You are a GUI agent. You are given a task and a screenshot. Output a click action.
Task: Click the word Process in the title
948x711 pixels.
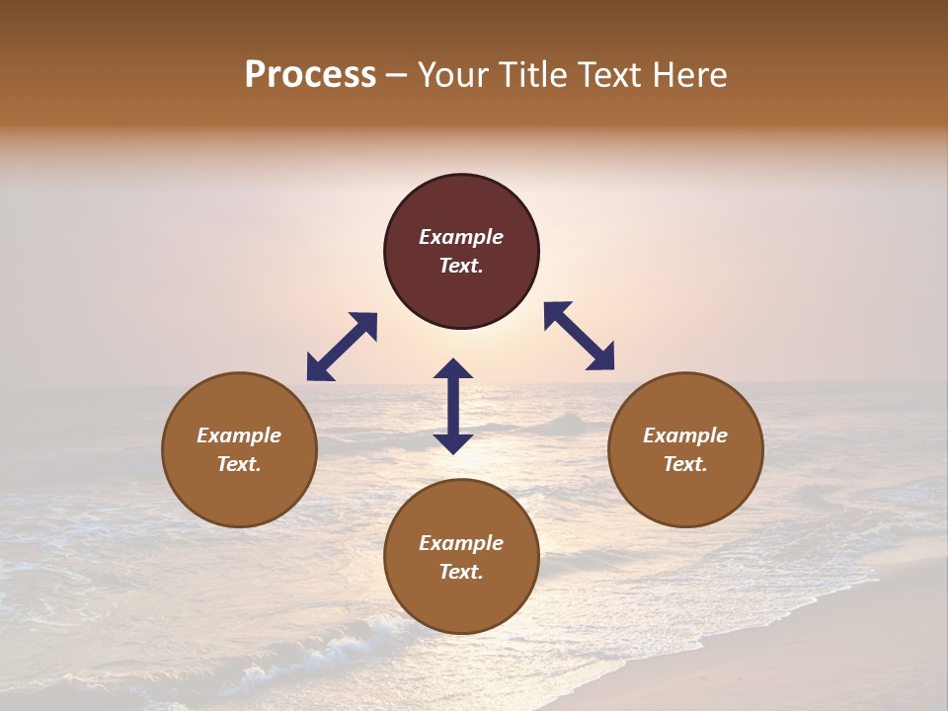[x=310, y=75]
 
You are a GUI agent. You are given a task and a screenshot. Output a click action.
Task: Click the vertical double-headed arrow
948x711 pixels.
[x=453, y=406]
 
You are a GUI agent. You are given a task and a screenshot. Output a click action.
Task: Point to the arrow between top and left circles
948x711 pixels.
[x=342, y=347]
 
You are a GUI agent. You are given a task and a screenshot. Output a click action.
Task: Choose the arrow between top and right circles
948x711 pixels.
[x=579, y=336]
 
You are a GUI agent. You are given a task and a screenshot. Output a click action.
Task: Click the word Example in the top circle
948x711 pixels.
[x=461, y=237]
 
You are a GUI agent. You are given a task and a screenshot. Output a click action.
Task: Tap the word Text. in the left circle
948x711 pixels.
[x=239, y=464]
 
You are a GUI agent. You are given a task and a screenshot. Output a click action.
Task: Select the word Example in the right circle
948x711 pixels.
[x=685, y=435]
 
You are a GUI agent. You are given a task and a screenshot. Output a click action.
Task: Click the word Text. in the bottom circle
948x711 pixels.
[x=461, y=572]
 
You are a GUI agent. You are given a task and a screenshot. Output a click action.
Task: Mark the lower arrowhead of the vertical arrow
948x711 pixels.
[x=453, y=443]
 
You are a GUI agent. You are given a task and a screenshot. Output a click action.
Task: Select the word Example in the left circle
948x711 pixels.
[x=239, y=435]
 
